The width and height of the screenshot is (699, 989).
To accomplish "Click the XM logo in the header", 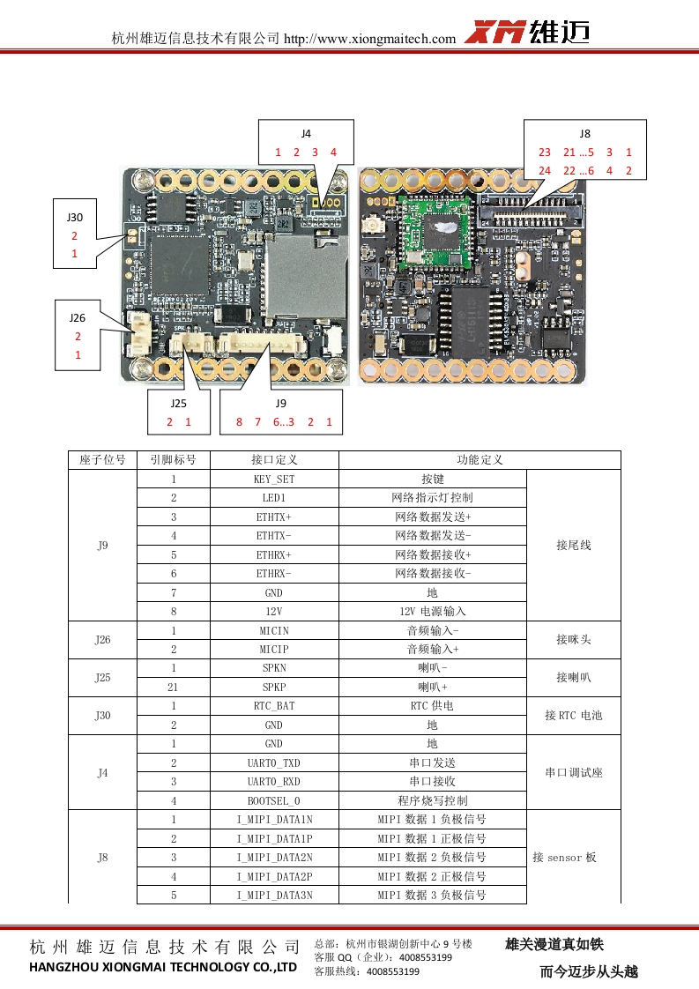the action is (495, 33).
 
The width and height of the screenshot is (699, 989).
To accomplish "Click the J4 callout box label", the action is (306, 133).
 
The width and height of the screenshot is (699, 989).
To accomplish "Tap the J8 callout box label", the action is (585, 133).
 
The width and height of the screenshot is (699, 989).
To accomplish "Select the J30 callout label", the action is (75, 217).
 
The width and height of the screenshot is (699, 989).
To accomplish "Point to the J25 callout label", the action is (179, 403).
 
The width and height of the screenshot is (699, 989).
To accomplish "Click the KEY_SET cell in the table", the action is (274, 479).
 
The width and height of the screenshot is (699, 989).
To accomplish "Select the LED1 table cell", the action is (274, 498).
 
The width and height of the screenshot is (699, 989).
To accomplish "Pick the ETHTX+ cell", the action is (274, 517).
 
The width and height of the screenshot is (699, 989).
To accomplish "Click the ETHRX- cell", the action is (274, 574).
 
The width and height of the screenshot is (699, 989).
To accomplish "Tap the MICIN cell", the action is (274, 631).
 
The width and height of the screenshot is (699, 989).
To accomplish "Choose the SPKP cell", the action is (274, 687).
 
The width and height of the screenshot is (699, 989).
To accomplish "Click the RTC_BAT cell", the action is (274, 706).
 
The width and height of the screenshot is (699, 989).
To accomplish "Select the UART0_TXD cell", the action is (274, 762).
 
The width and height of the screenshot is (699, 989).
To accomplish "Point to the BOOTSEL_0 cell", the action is (274, 800).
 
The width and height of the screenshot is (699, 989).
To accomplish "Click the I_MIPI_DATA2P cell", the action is (274, 876).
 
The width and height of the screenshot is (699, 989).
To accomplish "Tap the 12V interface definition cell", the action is (274, 611).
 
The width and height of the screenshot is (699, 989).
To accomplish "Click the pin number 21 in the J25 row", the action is (174, 687).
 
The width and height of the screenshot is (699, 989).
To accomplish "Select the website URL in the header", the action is (370, 38).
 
